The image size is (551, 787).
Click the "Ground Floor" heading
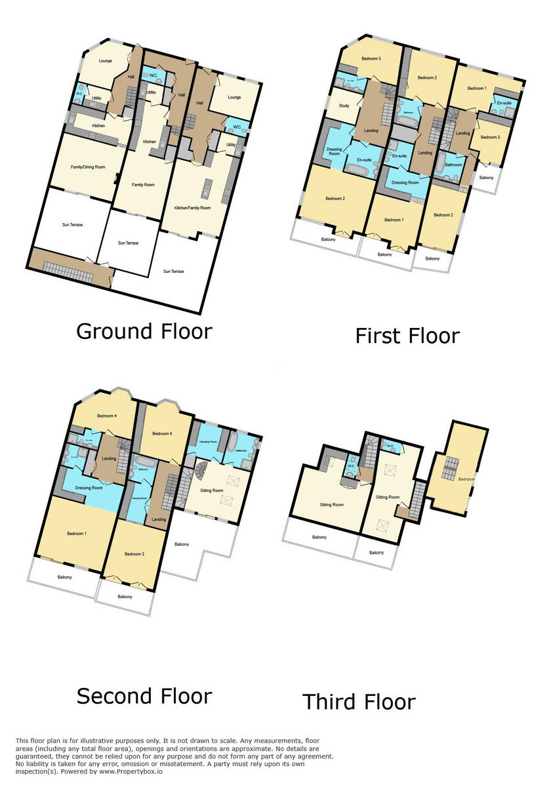pos(144,331)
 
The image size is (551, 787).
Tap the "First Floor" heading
pos(407,336)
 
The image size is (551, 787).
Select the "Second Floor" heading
pos(144,696)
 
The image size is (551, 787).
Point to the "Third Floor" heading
pos(359,702)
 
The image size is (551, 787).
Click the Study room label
pos(344,106)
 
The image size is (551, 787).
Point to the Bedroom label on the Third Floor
pos(466,479)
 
